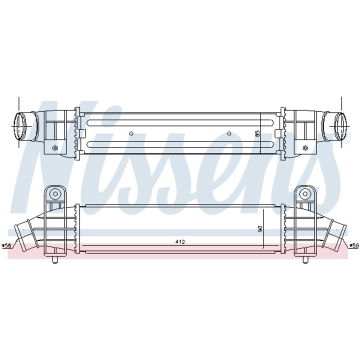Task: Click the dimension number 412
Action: click(x=180, y=242)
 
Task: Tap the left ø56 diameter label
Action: click(x=6, y=245)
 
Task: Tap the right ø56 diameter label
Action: click(x=354, y=245)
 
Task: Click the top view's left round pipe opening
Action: click(x=21, y=125)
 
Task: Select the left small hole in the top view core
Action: click(x=131, y=133)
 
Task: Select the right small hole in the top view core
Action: click(x=229, y=133)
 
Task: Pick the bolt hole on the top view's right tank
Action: click(x=305, y=147)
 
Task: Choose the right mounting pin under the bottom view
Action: click(x=306, y=259)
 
